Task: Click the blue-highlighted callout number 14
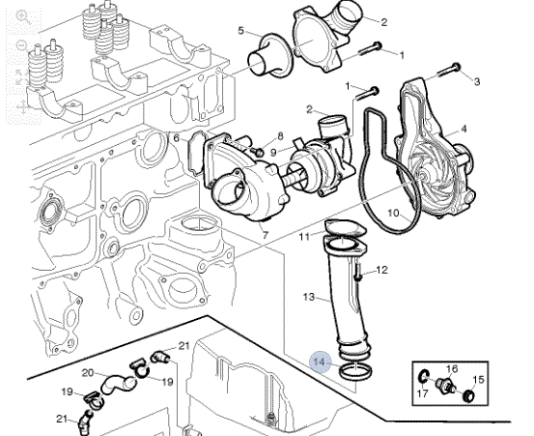click(x=320, y=362)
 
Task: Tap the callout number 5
click(x=241, y=31)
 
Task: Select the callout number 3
click(x=477, y=81)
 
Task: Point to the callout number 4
click(x=464, y=130)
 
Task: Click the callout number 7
click(x=266, y=235)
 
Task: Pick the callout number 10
click(x=393, y=214)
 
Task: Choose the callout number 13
click(x=309, y=297)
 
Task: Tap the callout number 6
click(x=176, y=138)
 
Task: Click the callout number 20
click(x=88, y=373)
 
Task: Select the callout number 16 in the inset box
click(x=452, y=368)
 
